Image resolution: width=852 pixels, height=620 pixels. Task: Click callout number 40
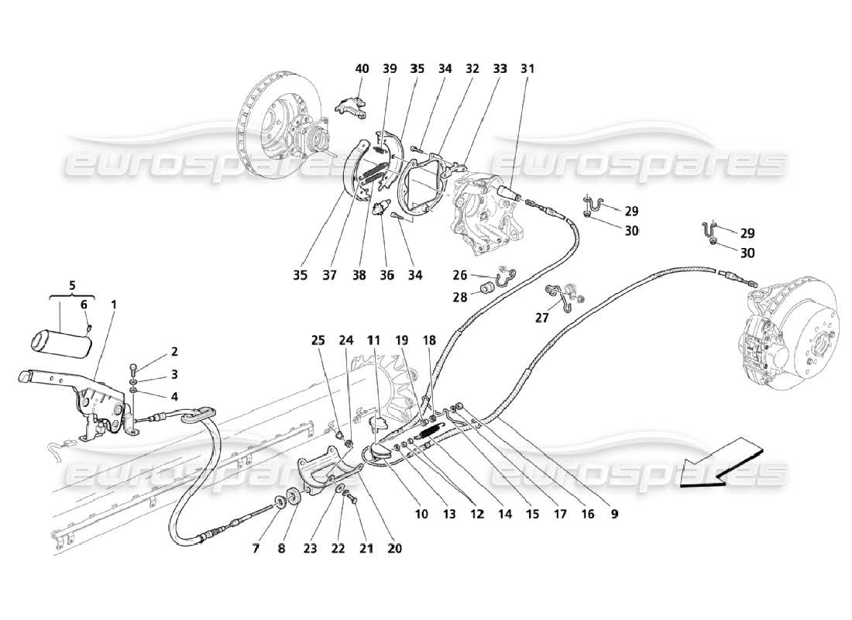(362, 68)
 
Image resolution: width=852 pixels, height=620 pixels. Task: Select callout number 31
(527, 68)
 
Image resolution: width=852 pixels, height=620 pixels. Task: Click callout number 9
(614, 512)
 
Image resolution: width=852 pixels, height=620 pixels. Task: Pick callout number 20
(395, 548)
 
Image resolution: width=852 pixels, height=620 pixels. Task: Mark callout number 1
(113, 305)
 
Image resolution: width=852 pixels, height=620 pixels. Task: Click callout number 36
(386, 275)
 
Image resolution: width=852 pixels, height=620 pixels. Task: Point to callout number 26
(460, 274)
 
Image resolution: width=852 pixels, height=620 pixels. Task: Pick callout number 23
(311, 548)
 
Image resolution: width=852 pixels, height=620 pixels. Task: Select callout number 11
(374, 339)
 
